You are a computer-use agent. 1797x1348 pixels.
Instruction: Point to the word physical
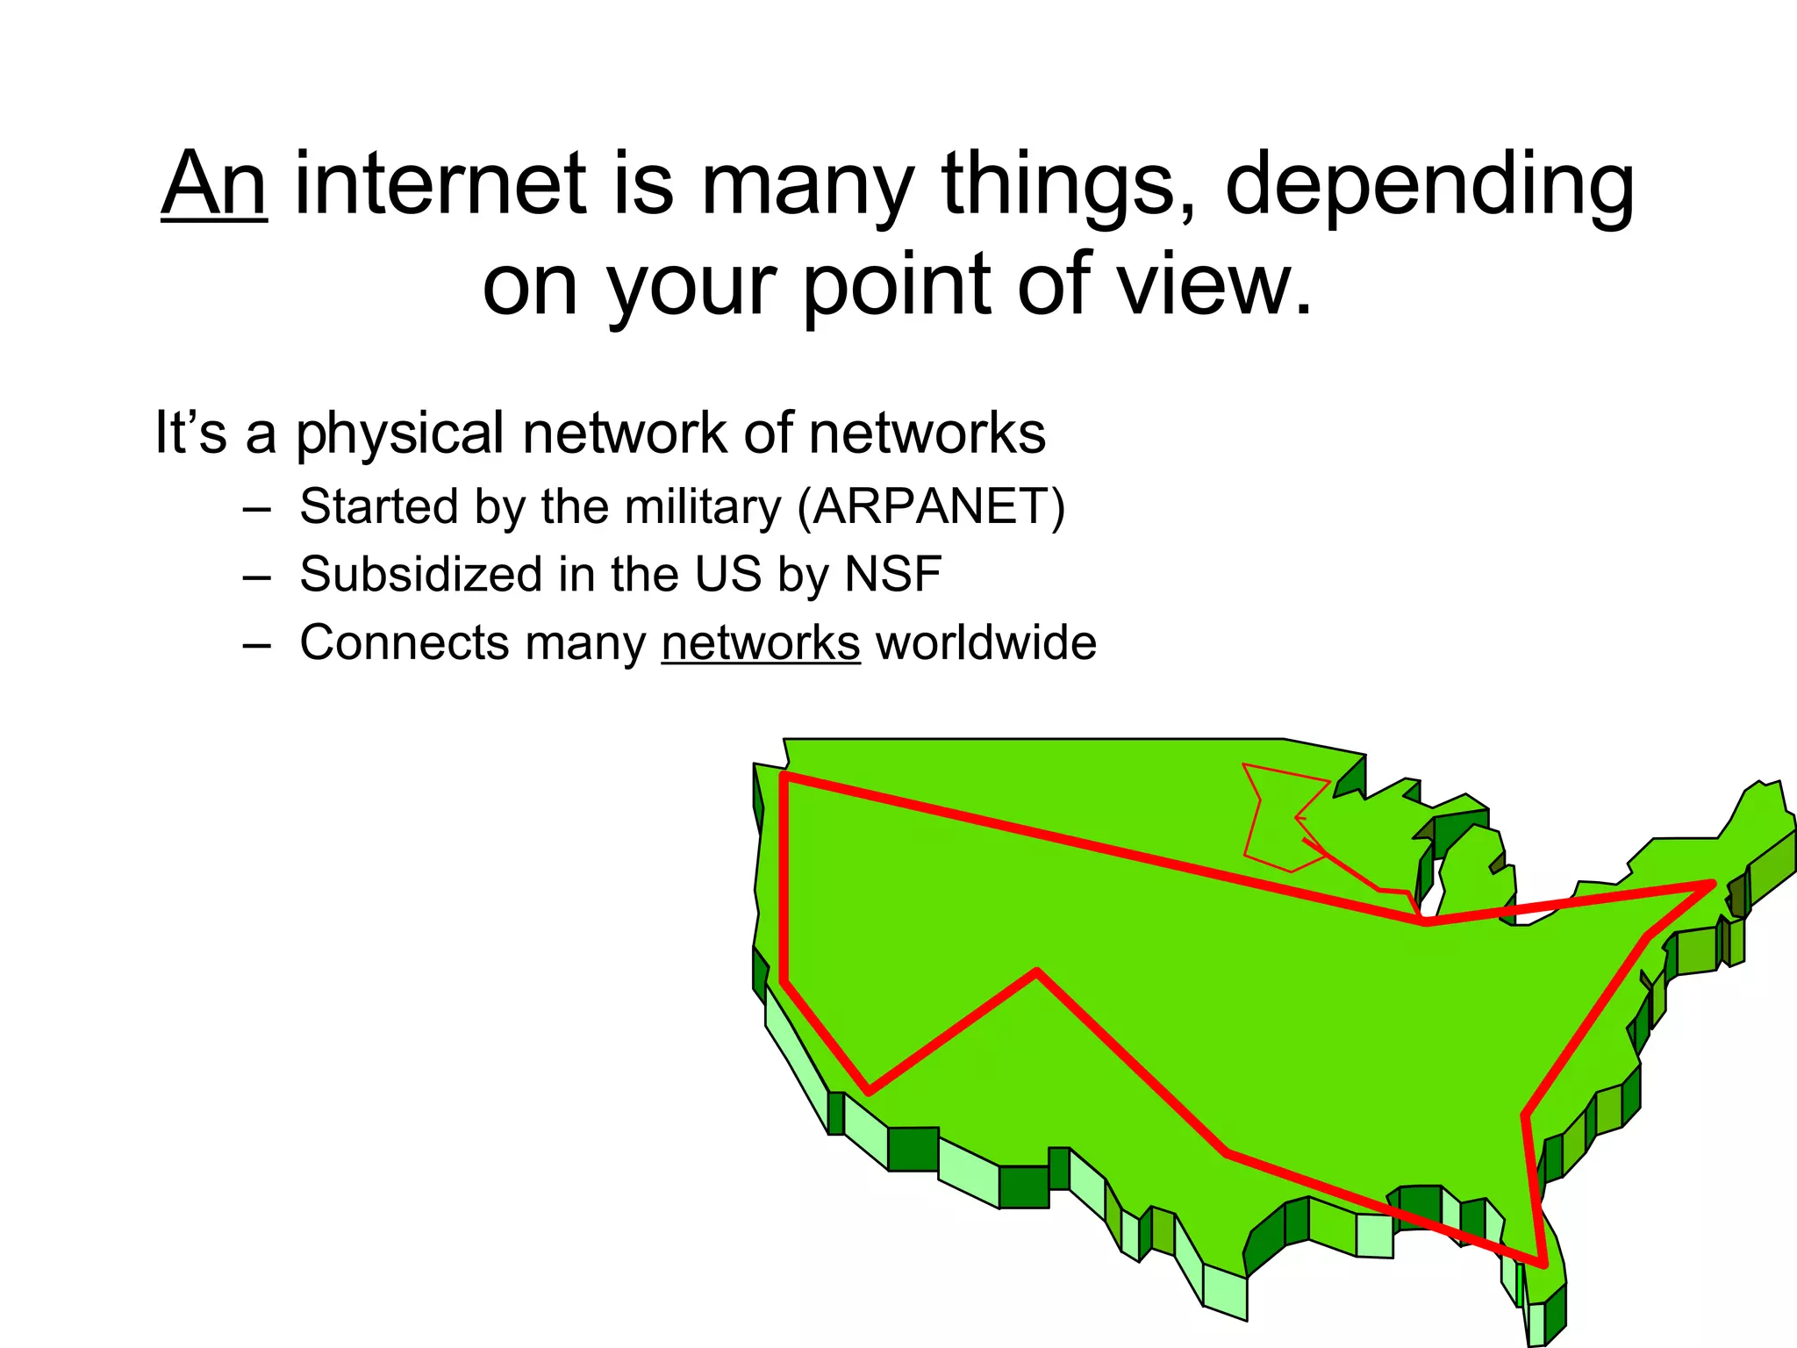[x=399, y=434]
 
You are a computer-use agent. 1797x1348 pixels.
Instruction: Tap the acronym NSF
[x=892, y=574]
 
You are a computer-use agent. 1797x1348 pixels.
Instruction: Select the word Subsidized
[x=421, y=574]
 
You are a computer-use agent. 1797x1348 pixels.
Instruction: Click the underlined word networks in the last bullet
[x=761, y=642]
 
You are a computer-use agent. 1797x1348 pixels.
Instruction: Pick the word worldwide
[x=986, y=642]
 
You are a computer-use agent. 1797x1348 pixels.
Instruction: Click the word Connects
[x=405, y=642]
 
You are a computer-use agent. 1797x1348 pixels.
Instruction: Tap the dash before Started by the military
[x=256, y=508]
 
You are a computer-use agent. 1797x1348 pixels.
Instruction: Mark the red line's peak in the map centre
[x=1037, y=972]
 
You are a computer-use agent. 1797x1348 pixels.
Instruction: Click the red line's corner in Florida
[x=1543, y=1264]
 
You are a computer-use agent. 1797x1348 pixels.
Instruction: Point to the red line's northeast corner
[x=1712, y=884]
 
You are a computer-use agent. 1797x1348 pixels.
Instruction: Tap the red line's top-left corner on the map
[x=784, y=776]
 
